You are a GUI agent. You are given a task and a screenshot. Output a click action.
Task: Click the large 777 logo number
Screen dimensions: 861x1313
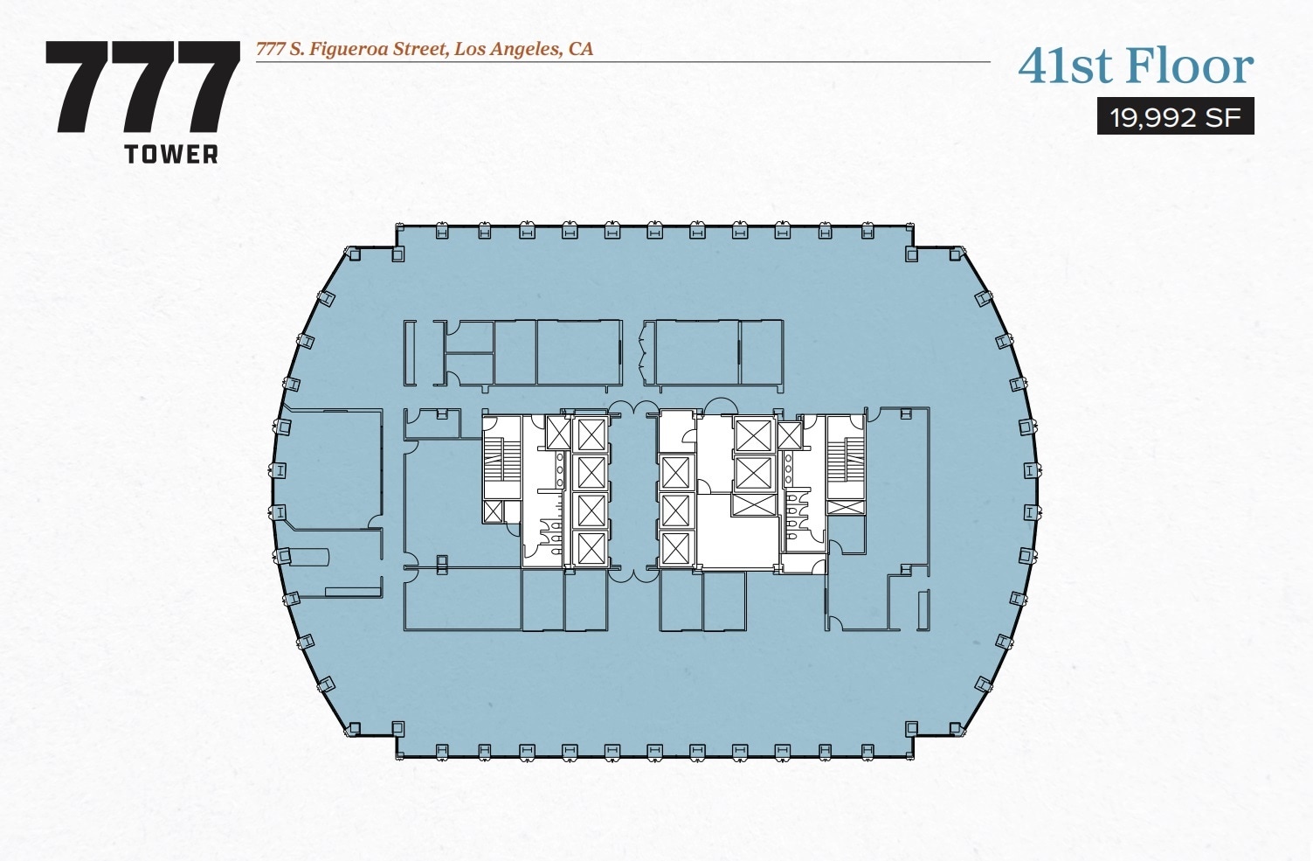click(x=142, y=87)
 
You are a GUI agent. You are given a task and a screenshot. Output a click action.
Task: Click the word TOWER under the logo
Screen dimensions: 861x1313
click(x=171, y=155)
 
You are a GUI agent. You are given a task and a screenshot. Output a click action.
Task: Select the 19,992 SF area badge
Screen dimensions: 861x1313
click(x=1175, y=117)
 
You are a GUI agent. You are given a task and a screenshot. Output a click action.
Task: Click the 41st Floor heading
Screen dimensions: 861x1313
click(x=1136, y=66)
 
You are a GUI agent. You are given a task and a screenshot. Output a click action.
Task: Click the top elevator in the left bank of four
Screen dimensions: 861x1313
click(x=591, y=434)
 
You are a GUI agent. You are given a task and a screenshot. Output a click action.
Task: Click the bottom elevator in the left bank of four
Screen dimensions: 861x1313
click(x=591, y=548)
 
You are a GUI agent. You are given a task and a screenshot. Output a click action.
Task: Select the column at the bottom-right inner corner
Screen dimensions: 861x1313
click(x=912, y=728)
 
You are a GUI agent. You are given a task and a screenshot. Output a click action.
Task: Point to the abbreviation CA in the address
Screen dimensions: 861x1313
click(x=581, y=49)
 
